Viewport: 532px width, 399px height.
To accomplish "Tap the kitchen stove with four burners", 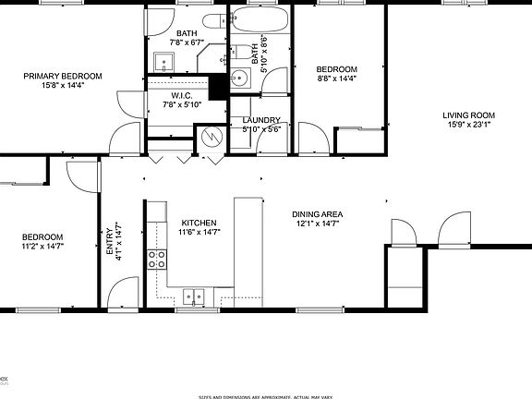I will (155, 258).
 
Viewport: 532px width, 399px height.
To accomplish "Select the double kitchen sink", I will (194, 296).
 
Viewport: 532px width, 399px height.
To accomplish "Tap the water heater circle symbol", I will (212, 137).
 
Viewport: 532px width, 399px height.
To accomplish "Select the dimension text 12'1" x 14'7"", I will (318, 223).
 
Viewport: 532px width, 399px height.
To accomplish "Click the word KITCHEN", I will (199, 223).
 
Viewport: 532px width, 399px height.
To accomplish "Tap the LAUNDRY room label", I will (260, 121).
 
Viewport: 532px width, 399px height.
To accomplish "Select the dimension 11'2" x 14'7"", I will (42, 246).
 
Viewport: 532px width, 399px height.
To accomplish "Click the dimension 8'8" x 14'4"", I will (336, 79).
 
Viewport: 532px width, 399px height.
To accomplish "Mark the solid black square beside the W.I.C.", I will (219, 87).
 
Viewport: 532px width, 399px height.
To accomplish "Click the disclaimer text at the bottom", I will (266, 396).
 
